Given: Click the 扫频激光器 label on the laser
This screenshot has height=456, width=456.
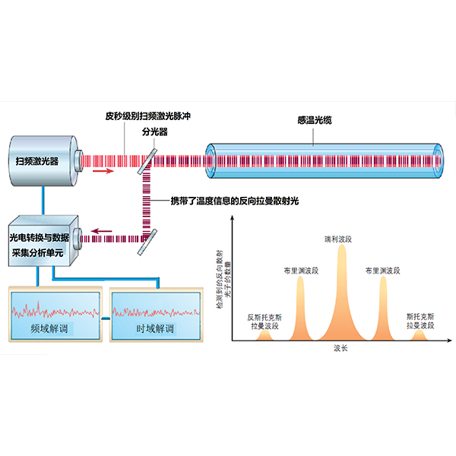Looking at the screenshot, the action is click(37, 161).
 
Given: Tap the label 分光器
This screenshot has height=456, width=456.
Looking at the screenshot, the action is click(155, 131).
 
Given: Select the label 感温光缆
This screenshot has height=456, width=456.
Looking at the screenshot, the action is click(315, 120).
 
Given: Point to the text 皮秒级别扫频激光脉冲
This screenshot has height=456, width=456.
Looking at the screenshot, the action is click(147, 116).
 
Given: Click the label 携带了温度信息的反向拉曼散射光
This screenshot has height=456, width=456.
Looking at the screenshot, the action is click(234, 201).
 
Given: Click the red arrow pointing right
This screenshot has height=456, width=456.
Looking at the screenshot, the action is click(103, 171).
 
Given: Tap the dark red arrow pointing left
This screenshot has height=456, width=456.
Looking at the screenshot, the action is click(102, 231).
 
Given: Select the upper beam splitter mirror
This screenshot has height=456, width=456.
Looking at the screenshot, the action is click(147, 161).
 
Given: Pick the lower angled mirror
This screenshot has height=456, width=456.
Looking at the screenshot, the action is click(147, 242).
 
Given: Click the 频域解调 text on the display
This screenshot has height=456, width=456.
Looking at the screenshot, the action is click(49, 329).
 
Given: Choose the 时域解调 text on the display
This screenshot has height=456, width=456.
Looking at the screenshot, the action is click(155, 329).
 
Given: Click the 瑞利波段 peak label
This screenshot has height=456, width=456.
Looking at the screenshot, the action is click(338, 239).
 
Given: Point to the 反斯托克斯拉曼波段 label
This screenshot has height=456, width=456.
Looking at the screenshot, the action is click(264, 321).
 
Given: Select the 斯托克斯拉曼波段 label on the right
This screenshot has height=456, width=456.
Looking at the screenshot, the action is click(420, 321).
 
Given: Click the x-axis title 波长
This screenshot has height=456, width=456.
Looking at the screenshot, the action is click(340, 348).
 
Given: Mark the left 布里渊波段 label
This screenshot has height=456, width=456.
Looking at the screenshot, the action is click(301, 271).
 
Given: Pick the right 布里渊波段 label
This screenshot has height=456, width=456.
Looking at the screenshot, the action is click(383, 271).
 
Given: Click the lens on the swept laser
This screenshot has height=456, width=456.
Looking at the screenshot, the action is click(78, 161).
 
